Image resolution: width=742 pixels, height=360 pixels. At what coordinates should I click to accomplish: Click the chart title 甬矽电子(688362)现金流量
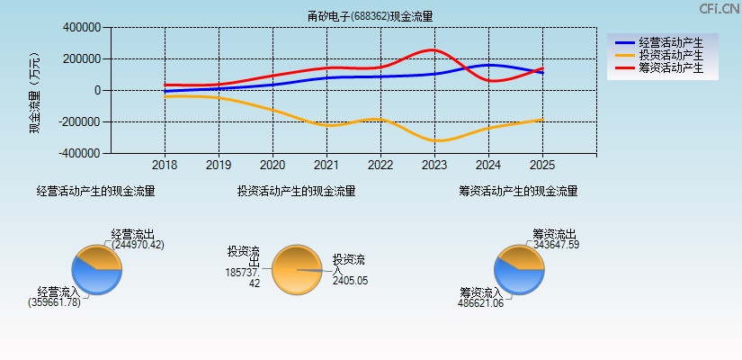370,16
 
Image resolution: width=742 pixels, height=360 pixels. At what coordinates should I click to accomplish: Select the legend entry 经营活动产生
670,42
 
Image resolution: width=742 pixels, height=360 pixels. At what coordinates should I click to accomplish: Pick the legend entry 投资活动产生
670,55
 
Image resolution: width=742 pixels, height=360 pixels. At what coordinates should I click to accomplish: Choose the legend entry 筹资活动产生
670,67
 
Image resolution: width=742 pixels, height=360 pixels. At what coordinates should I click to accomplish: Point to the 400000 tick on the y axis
81,28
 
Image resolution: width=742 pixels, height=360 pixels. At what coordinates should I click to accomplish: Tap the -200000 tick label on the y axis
79,122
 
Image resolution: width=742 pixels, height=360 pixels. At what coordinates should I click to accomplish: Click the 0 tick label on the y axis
96,91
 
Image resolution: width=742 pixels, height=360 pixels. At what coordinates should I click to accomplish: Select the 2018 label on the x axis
165,166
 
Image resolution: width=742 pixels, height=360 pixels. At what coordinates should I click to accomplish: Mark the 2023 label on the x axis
434,166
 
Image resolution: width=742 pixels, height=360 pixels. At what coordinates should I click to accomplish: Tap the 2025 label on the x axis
542,166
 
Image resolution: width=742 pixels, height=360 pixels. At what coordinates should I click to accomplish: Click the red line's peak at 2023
433,49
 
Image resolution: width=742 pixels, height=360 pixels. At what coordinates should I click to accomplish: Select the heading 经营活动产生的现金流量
95,192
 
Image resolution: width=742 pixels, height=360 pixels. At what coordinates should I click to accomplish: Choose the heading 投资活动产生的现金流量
296,192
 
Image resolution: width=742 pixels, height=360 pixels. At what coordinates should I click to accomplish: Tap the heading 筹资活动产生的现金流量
518,192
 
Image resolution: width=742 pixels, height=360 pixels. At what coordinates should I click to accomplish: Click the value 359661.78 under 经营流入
54,302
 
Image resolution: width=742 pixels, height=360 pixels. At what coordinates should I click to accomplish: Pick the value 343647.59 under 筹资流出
556,245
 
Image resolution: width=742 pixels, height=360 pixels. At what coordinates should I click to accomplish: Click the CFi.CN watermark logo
719,9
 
